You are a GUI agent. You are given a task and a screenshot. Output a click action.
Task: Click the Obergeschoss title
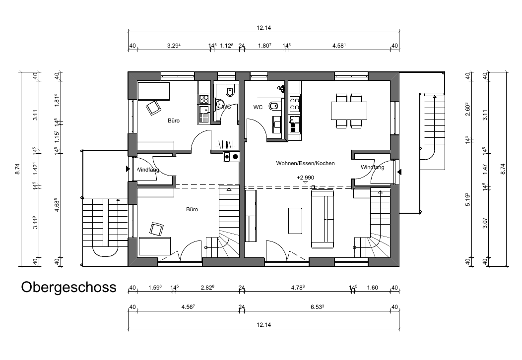click(x=69, y=287)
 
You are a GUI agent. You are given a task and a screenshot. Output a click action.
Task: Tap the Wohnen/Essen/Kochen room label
click(x=305, y=163)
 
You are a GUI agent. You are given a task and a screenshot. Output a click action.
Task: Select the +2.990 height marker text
click(x=305, y=178)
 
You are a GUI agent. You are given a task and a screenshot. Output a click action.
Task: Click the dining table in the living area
click(x=349, y=111)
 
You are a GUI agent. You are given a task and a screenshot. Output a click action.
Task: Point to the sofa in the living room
click(x=322, y=219)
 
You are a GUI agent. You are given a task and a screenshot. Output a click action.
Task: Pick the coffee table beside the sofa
click(x=295, y=221)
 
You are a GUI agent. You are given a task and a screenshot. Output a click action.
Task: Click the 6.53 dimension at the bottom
click(x=317, y=307)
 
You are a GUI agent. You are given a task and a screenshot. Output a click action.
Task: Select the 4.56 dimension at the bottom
click(x=188, y=307)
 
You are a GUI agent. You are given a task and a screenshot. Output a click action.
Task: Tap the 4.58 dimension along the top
click(x=339, y=46)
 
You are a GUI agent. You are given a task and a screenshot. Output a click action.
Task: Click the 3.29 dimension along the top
click(x=174, y=46)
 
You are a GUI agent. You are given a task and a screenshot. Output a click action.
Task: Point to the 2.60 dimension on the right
click(x=468, y=109)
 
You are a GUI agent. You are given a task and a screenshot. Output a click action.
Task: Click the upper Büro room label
click(x=174, y=121)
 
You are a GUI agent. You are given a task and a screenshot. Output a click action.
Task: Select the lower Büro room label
click(x=192, y=209)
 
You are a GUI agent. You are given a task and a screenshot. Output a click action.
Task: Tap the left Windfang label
click(x=148, y=170)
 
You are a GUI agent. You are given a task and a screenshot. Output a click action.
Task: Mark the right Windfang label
click(x=373, y=167)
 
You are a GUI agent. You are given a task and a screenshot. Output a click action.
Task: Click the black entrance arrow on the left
click(x=128, y=169)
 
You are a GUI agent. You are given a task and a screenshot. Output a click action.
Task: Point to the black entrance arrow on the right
click(x=399, y=172)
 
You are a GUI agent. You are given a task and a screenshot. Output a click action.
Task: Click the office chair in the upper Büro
click(x=153, y=108)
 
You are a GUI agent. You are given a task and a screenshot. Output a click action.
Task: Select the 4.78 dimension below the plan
click(x=298, y=288)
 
